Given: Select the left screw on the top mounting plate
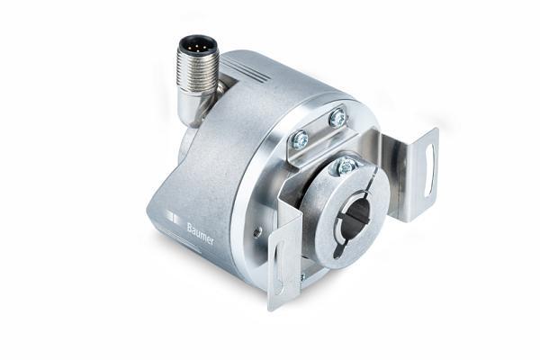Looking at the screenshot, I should pyautogui.click(x=300, y=139).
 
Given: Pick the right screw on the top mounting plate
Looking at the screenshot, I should pyautogui.click(x=337, y=118).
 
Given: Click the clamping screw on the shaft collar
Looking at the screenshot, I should pyautogui.click(x=346, y=166).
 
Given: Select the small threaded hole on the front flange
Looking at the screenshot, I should pyautogui.click(x=258, y=232).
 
